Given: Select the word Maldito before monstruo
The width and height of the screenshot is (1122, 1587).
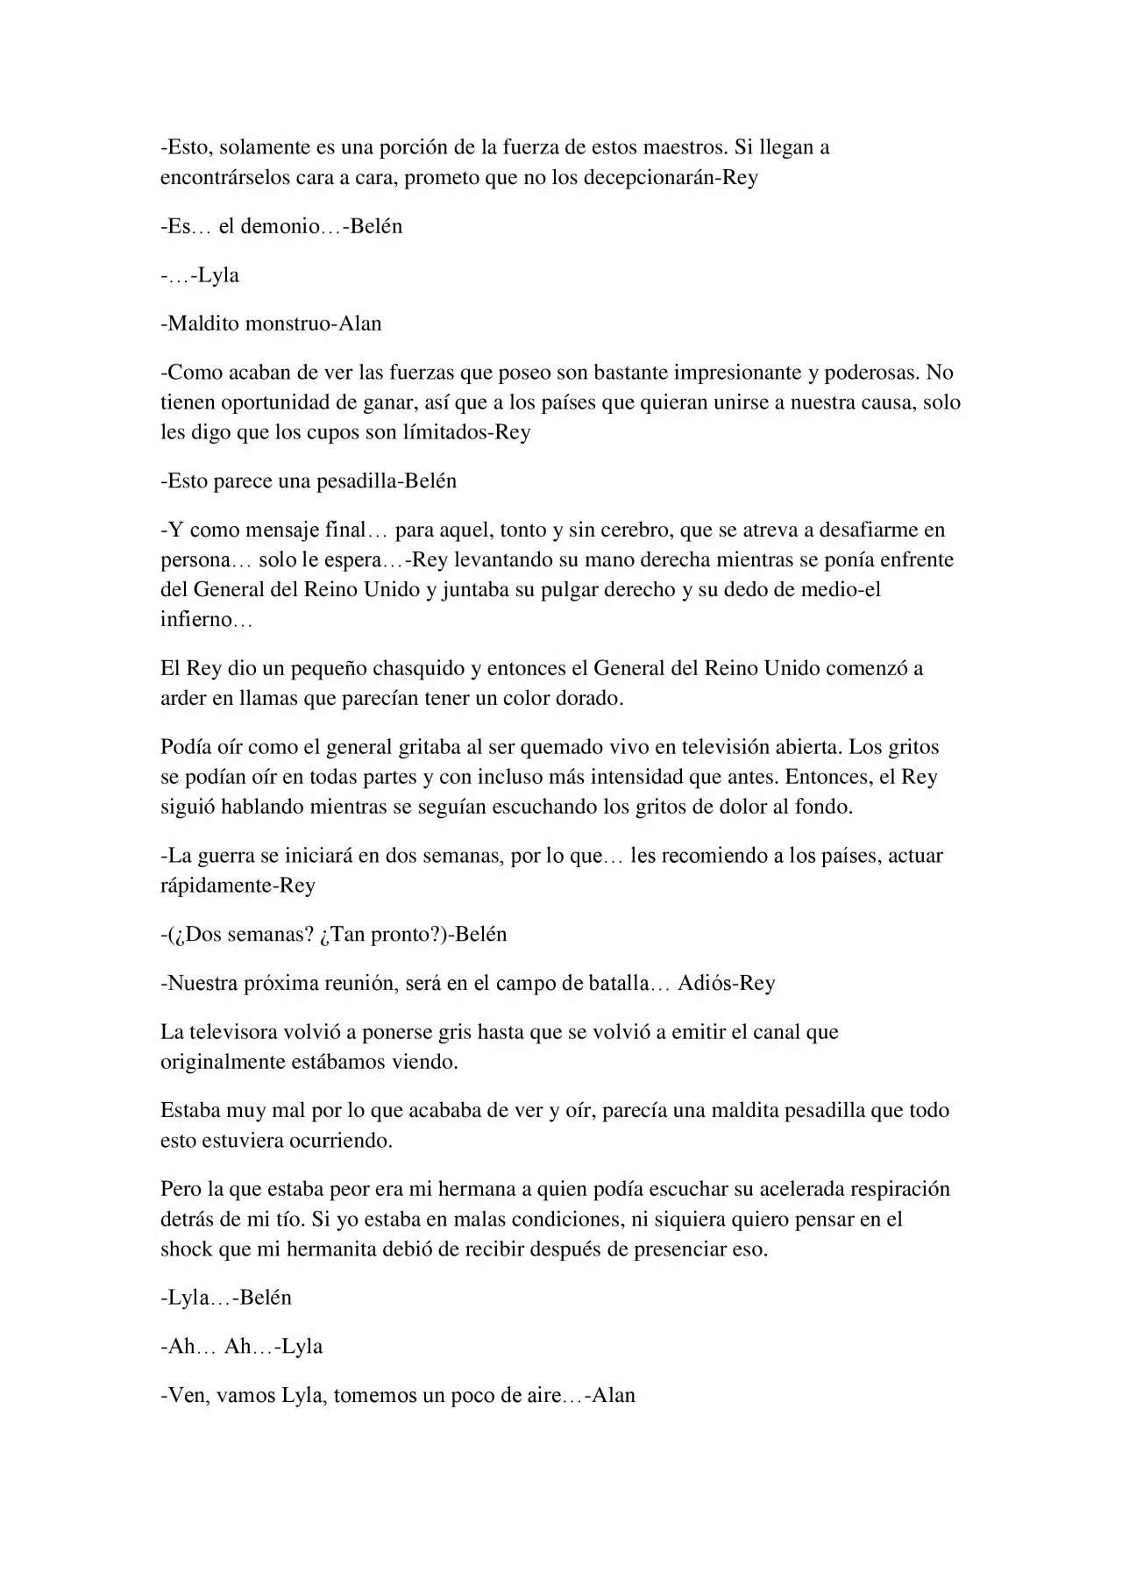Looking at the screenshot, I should point(203,324).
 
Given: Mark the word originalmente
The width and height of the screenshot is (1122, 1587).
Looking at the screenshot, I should point(225,1062).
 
